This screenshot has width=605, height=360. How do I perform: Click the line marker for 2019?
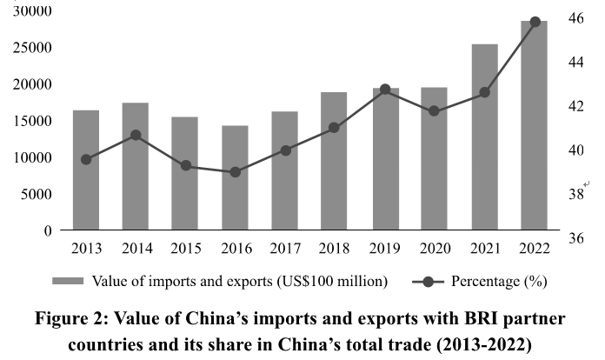coord(385,90)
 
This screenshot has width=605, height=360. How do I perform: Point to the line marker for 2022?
coord(535,22)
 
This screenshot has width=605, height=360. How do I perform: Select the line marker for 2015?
coord(185,165)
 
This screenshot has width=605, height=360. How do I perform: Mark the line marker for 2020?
coord(435,111)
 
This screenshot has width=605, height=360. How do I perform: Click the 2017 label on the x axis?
coord(285,248)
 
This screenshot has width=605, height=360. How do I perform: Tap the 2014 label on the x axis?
coord(136,248)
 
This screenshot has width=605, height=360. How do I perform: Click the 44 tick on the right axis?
coord(575,62)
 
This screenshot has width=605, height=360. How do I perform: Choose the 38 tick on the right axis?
coord(575,193)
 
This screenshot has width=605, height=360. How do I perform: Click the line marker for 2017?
coord(285,150)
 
